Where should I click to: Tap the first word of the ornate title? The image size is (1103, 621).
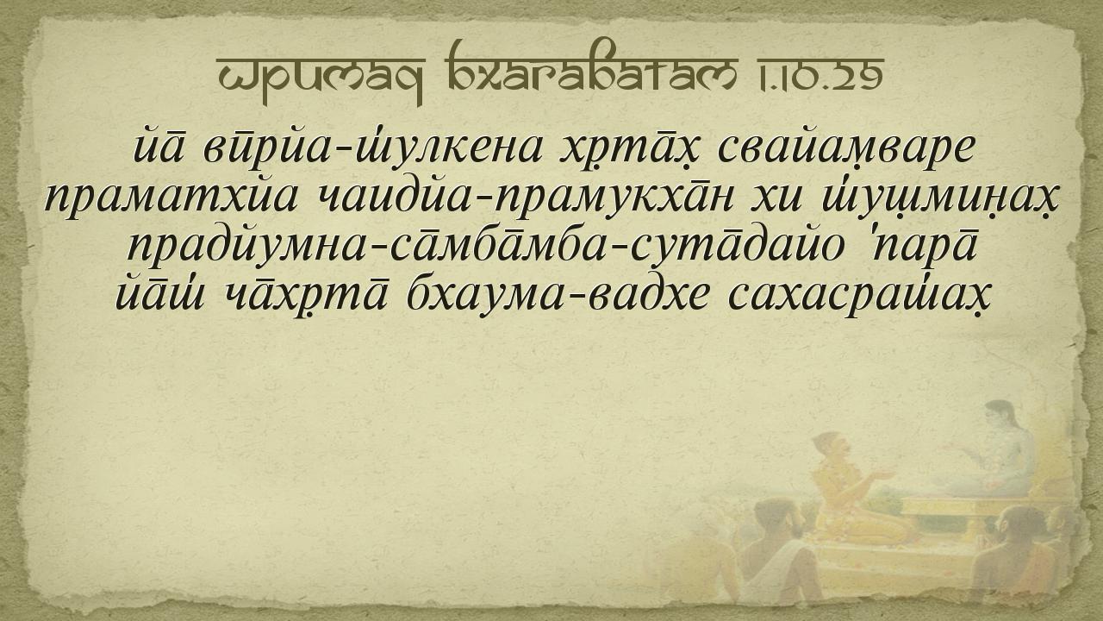click(x=321, y=78)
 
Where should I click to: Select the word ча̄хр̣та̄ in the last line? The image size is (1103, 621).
click(x=306, y=296)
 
